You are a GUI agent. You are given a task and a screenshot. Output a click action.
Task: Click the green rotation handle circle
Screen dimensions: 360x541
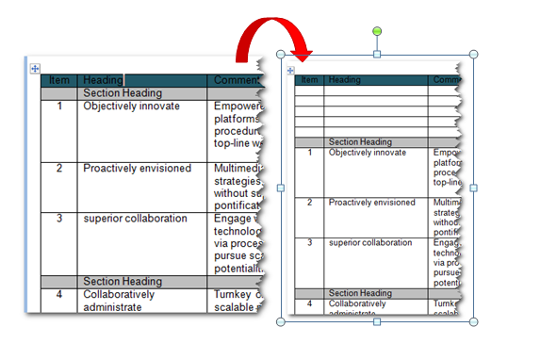[377, 31]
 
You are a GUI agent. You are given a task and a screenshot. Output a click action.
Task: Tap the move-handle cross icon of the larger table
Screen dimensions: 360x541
[34, 68]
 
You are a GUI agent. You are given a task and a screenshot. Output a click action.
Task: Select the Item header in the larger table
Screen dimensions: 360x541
[59, 81]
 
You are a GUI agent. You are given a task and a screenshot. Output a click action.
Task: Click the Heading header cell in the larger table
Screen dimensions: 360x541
[102, 81]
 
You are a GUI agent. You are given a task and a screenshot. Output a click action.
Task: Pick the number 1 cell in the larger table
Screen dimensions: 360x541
[59, 106]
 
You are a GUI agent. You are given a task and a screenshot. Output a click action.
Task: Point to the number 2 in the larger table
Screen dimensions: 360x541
[59, 169]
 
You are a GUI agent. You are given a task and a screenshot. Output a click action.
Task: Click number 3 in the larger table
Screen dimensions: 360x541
[59, 219]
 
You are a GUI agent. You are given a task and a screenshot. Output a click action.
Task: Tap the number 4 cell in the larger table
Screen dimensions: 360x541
[59, 294]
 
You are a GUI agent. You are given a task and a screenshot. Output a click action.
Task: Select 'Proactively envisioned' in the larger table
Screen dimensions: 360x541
[137, 169]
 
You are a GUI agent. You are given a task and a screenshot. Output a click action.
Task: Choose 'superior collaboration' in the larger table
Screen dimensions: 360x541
[135, 219]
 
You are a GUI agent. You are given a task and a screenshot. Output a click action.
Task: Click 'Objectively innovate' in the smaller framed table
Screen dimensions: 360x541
[368, 153]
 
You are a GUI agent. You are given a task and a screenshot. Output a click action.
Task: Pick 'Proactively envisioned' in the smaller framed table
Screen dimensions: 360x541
[371, 202]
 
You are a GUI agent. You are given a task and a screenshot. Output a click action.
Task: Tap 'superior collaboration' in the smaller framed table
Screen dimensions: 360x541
[370, 243]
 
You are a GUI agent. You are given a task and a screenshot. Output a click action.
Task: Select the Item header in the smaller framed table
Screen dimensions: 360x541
[309, 80]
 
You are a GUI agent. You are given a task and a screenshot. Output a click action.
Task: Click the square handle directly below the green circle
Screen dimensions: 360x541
[377, 55]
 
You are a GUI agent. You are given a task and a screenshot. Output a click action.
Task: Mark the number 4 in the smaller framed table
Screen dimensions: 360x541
[309, 303]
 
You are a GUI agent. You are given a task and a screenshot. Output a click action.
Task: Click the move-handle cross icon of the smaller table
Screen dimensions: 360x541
[290, 71]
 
